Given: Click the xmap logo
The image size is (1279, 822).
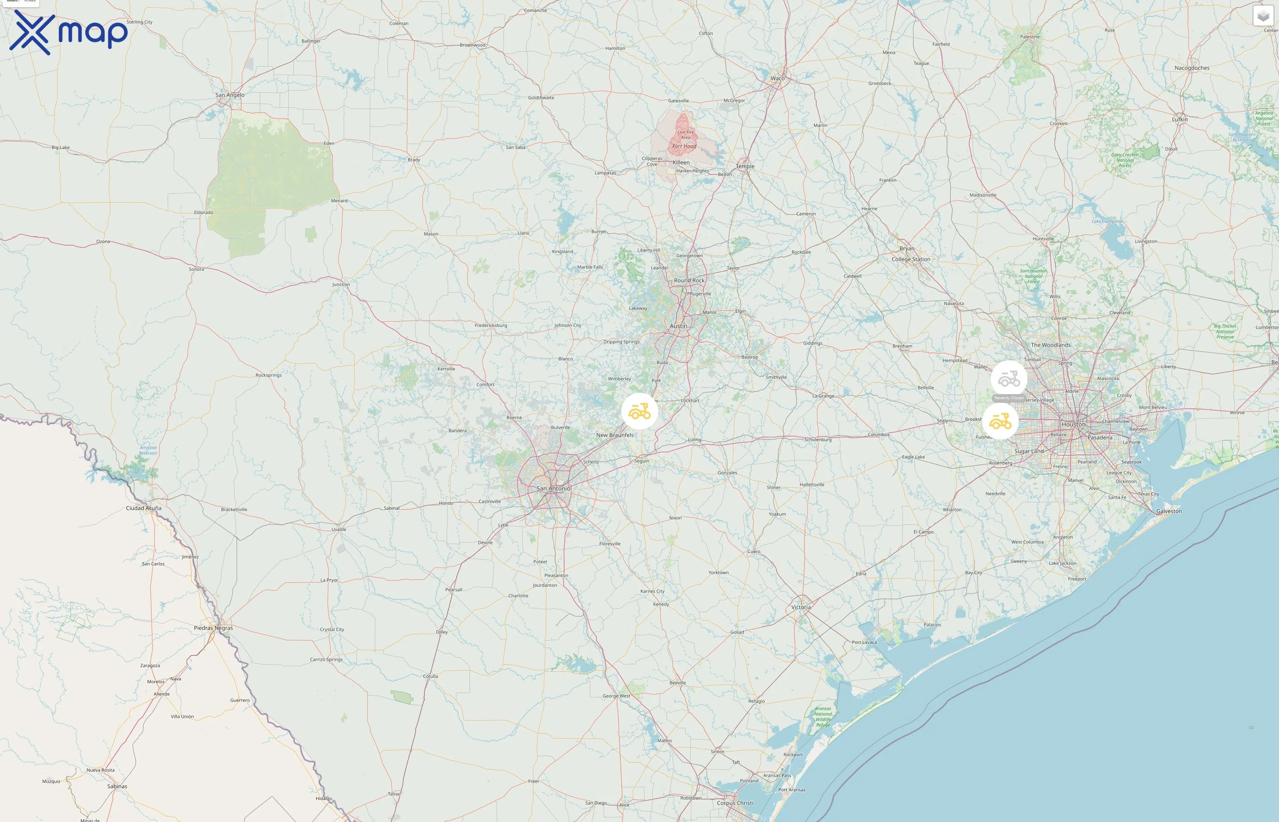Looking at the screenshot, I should [x=69, y=32].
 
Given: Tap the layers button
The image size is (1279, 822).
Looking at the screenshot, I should [x=1263, y=16].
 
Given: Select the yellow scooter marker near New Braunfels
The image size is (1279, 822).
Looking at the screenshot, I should [x=639, y=411].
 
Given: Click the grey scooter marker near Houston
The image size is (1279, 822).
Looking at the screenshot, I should [x=1009, y=379].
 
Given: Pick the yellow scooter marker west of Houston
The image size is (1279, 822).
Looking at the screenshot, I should [x=1000, y=422].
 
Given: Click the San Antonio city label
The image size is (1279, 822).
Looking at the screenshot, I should [x=553, y=488].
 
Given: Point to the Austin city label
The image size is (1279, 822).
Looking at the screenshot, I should [x=678, y=326].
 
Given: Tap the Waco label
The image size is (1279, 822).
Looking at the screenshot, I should [x=778, y=79].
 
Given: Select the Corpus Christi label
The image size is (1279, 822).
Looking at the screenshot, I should [x=735, y=803].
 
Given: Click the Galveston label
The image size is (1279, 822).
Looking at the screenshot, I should [x=1169, y=511].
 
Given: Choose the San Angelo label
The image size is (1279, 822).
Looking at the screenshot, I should [x=230, y=95].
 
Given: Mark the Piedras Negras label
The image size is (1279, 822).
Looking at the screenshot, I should [x=213, y=628].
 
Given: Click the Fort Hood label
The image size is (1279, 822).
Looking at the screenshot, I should [x=684, y=146].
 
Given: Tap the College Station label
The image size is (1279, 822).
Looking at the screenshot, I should [x=911, y=259].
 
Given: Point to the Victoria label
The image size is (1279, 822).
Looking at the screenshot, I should [x=801, y=607].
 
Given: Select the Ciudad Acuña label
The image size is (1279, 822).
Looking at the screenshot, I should [x=143, y=508].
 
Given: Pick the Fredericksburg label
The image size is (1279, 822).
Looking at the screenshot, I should [x=491, y=325].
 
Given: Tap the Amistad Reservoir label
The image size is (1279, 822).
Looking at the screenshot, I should [x=148, y=450].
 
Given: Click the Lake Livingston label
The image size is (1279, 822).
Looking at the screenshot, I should [x=1107, y=221].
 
